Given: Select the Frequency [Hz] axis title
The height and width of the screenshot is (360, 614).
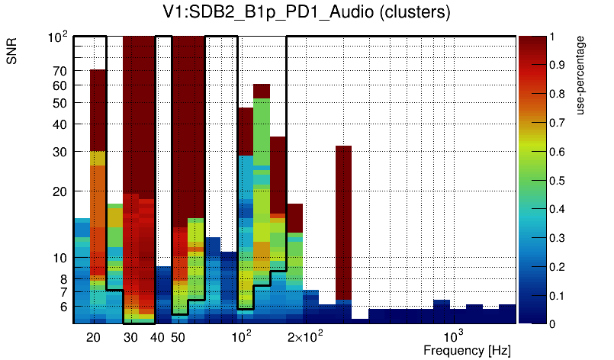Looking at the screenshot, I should point(467,350).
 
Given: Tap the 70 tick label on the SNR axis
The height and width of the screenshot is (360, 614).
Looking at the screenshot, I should point(60,71).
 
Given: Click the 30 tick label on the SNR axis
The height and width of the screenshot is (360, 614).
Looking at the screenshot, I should point(60,152).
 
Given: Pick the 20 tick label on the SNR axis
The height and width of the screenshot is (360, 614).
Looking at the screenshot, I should point(60,191).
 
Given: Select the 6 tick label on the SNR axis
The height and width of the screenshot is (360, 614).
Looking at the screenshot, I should point(63,307).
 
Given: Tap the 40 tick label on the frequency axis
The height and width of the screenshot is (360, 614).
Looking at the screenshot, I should point(158,337).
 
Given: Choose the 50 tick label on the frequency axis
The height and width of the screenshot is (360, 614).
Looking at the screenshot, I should point(178,337).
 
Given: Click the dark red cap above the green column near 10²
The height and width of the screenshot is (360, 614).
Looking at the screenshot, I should point(262,91).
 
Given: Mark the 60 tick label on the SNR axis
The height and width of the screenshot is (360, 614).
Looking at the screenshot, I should point(60,85).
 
